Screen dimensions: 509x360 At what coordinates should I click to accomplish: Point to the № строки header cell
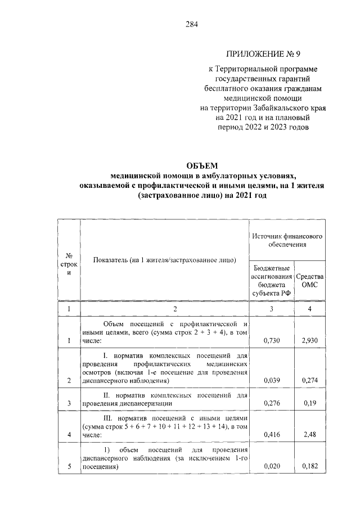(x=69, y=263)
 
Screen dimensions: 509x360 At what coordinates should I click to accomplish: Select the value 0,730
(x=272, y=341)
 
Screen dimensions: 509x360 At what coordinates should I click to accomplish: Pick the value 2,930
(x=310, y=341)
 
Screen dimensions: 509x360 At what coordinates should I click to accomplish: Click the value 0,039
(x=272, y=381)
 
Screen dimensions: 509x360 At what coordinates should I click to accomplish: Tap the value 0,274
(x=310, y=381)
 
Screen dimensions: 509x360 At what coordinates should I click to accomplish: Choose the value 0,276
(x=272, y=404)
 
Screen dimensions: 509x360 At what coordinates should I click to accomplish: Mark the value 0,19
(x=310, y=404)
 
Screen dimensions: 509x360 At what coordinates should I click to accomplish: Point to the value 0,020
(x=272, y=466)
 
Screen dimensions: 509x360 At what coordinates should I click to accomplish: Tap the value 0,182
(x=310, y=466)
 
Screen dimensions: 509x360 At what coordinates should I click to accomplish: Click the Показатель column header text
(x=165, y=260)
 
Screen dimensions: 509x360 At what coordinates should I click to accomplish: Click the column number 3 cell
(x=272, y=309)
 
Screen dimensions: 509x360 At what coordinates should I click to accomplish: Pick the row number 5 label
(x=69, y=466)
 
